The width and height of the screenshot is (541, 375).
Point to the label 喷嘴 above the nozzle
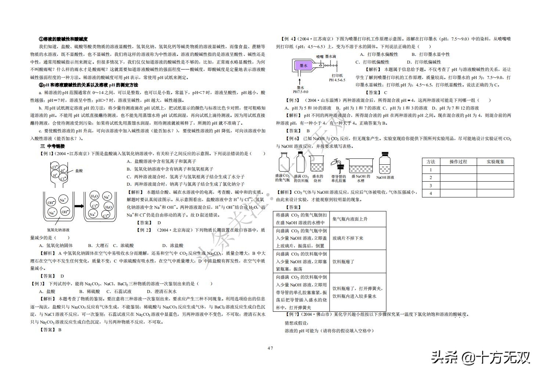tap(320, 56)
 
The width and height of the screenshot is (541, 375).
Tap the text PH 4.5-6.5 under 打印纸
tap(337, 80)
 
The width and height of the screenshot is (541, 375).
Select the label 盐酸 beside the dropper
tap(79, 171)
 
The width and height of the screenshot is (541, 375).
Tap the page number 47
tap(270, 348)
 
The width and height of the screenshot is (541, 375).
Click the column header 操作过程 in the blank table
tap(458, 162)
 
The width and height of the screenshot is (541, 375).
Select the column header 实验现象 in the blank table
tap(495, 162)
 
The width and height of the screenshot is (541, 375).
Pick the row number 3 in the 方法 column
tap(431, 185)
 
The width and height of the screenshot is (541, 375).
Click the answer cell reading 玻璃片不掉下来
tap(347, 238)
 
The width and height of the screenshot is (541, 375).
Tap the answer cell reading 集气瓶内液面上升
tap(350, 219)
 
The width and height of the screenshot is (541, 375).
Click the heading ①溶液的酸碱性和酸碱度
tap(63, 39)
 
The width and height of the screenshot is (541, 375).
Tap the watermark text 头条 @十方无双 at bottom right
tap(481, 357)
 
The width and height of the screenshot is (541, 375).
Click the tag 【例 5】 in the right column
tap(292, 100)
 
